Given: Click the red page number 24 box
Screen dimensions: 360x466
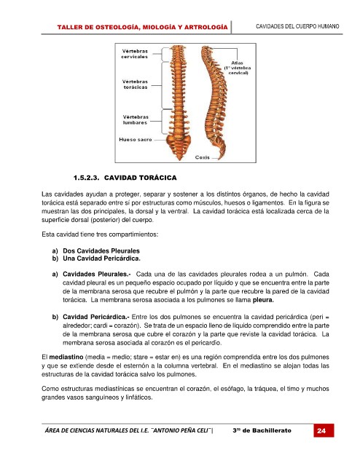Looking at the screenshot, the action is pos(324,430).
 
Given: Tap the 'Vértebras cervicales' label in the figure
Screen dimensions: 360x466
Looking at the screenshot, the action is pos(135,54).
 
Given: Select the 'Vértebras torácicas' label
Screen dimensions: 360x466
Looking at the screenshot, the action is pos(135,84).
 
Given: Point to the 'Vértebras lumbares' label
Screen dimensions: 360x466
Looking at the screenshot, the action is pos(136,119).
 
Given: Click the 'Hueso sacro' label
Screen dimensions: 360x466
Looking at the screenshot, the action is pos(136,139).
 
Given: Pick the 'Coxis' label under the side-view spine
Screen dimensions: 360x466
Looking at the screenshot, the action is pos(203,157).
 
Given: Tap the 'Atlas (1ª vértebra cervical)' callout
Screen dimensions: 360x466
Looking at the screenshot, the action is pos(238,68).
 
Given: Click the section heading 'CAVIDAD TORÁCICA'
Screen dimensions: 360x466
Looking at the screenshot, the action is pos(141,178).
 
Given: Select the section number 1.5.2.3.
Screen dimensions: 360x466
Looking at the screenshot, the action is pos(86,178).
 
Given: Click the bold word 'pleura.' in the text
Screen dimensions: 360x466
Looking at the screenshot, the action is pos(263,300).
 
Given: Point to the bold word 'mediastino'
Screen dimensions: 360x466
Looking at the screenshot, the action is pos(66,357).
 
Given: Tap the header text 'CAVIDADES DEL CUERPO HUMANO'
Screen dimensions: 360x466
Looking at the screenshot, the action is pos(297,26).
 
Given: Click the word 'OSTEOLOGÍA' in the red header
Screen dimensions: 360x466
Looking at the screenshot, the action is pos(117,28).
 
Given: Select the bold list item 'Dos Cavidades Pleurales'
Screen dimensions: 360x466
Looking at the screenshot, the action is pos(101,250).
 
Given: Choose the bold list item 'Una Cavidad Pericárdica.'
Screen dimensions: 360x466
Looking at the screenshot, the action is pos(101,258).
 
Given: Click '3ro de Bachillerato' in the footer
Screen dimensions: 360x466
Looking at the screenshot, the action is pos(262,430).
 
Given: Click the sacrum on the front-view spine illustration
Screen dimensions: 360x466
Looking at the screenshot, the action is pos(178,146).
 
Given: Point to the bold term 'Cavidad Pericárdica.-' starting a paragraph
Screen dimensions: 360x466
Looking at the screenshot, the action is pos(95,317).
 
